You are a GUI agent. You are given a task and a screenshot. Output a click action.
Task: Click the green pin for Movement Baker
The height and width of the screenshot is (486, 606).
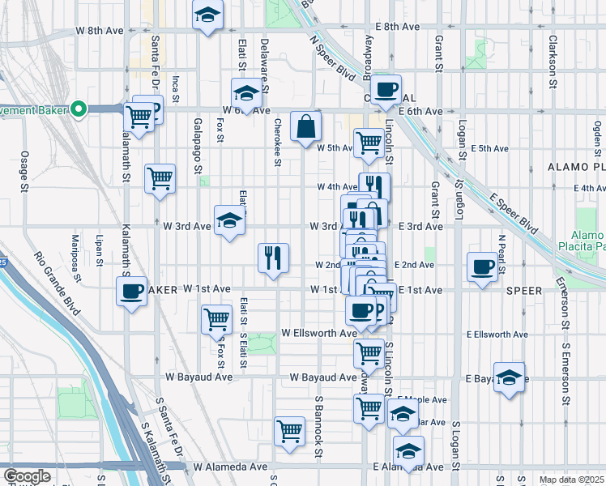pyautogui.click(x=79, y=109)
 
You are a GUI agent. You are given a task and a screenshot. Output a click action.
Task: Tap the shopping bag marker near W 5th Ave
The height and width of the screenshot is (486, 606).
pyautogui.click(x=306, y=127)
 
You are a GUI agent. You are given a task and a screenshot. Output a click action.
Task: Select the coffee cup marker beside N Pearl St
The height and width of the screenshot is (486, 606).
pyautogui.click(x=483, y=267)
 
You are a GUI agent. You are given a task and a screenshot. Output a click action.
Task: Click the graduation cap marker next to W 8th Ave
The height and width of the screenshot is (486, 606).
pyautogui.click(x=208, y=15)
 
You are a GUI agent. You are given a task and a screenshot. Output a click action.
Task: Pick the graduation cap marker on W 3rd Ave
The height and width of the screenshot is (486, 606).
pyautogui.click(x=229, y=220)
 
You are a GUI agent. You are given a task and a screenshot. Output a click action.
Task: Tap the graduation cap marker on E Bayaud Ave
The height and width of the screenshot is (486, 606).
pyautogui.click(x=510, y=378)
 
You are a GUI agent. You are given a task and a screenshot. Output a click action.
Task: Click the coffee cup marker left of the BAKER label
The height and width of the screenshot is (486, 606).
pyautogui.click(x=130, y=292)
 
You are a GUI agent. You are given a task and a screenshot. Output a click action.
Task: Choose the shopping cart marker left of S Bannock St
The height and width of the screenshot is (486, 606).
pyautogui.click(x=289, y=431)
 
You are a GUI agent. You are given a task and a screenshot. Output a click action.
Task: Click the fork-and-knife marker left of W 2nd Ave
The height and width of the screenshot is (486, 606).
pyautogui.click(x=273, y=258)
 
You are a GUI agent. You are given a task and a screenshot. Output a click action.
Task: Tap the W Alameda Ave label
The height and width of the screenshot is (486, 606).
pyautogui.click(x=230, y=467)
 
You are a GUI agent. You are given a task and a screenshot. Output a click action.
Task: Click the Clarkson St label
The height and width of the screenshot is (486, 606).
pyautogui.click(x=553, y=61)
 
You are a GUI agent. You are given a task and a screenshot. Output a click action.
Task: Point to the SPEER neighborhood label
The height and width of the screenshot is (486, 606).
pyautogui.click(x=524, y=290)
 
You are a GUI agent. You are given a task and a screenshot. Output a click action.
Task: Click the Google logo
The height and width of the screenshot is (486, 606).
pyautogui.click(x=27, y=476)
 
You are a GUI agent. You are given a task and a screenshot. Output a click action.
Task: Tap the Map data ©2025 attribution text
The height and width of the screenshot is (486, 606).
pyautogui.click(x=572, y=480)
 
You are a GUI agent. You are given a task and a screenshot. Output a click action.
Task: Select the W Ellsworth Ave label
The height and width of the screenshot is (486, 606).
pyautogui.click(x=318, y=333)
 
